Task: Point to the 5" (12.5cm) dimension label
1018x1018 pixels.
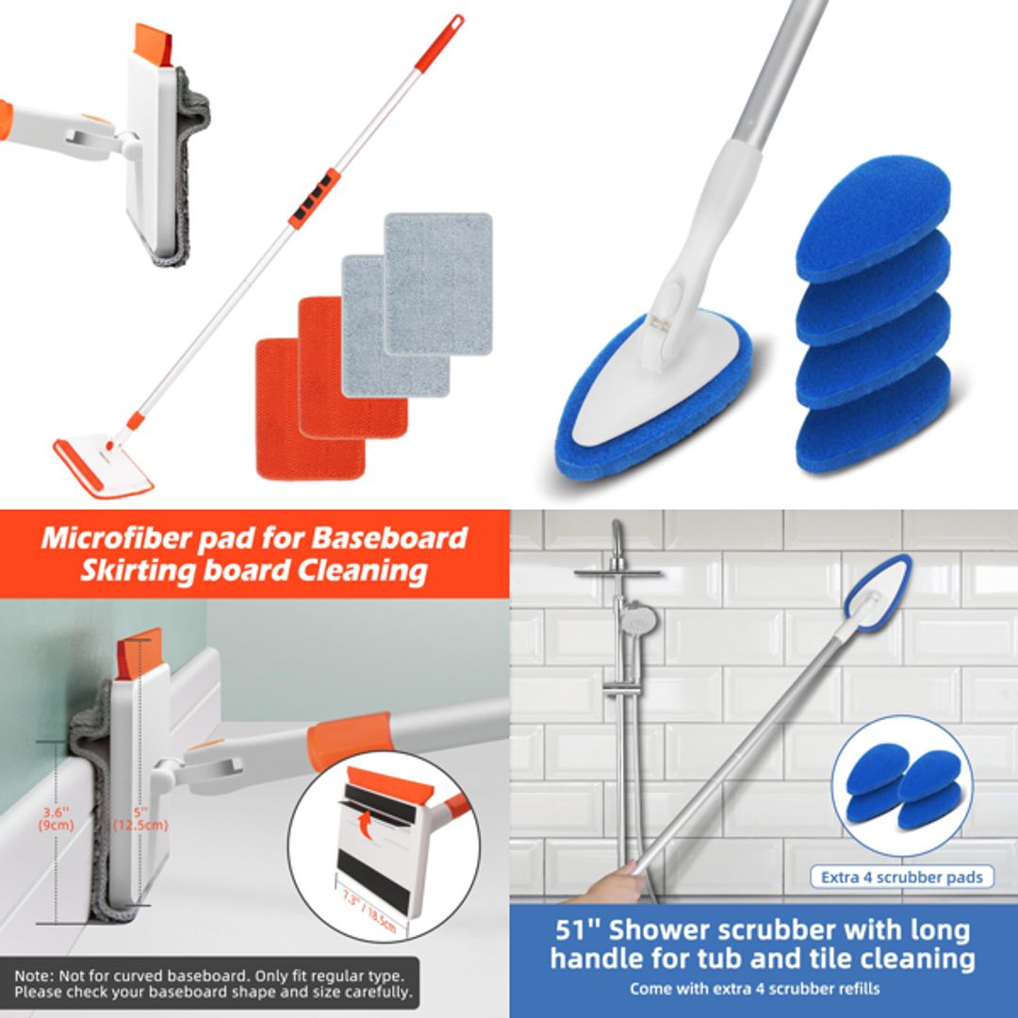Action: pyautogui.click(x=140, y=818)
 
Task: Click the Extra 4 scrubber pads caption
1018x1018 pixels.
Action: pyautogui.click(x=901, y=878)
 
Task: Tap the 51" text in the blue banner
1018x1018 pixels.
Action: pyautogui.click(x=575, y=930)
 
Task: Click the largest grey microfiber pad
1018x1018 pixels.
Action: pyautogui.click(x=438, y=283)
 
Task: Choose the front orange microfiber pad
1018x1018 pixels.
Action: pyautogui.click(x=310, y=410)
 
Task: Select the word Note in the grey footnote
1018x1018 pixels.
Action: pyautogui.click(x=34, y=975)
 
